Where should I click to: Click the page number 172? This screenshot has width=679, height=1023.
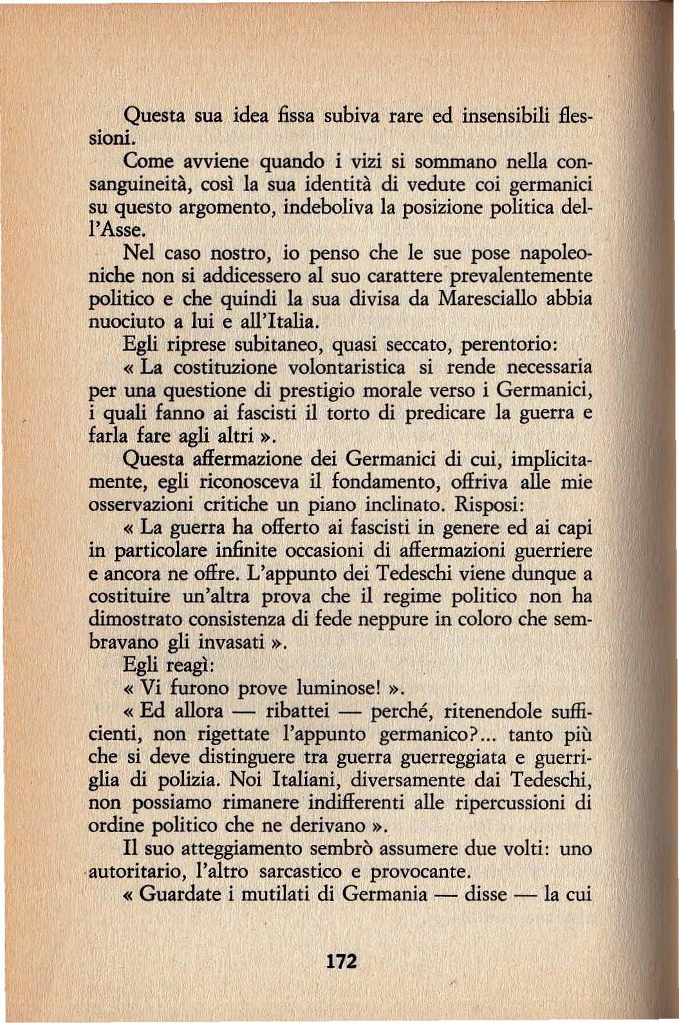coord(341,961)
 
